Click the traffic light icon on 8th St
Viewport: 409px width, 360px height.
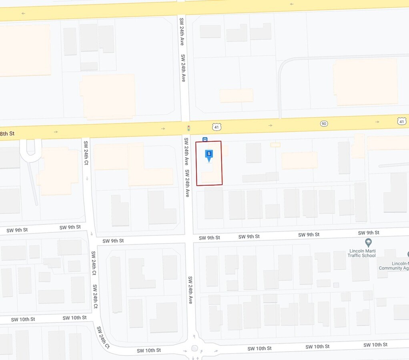(x=188, y=128)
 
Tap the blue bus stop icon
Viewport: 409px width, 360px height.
(x=205, y=139)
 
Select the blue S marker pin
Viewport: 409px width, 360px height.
(x=209, y=154)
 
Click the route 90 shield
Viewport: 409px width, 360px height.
(x=324, y=124)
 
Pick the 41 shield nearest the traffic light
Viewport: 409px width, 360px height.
(x=217, y=127)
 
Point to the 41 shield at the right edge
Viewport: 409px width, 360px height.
(x=402, y=121)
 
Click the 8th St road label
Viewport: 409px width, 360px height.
(x=8, y=133)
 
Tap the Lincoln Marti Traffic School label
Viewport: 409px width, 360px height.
(x=361, y=253)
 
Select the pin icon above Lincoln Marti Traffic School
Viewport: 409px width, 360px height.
(x=368, y=242)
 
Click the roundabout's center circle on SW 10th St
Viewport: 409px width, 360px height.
(x=195, y=348)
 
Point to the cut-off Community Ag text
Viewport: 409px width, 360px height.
(x=394, y=266)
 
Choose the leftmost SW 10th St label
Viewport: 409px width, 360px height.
(x=23, y=319)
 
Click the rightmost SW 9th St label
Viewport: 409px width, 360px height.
(x=369, y=233)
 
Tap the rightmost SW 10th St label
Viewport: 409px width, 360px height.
(x=375, y=345)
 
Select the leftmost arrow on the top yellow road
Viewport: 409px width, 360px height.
(x=24, y=13)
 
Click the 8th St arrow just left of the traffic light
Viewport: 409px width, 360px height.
(x=163, y=128)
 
